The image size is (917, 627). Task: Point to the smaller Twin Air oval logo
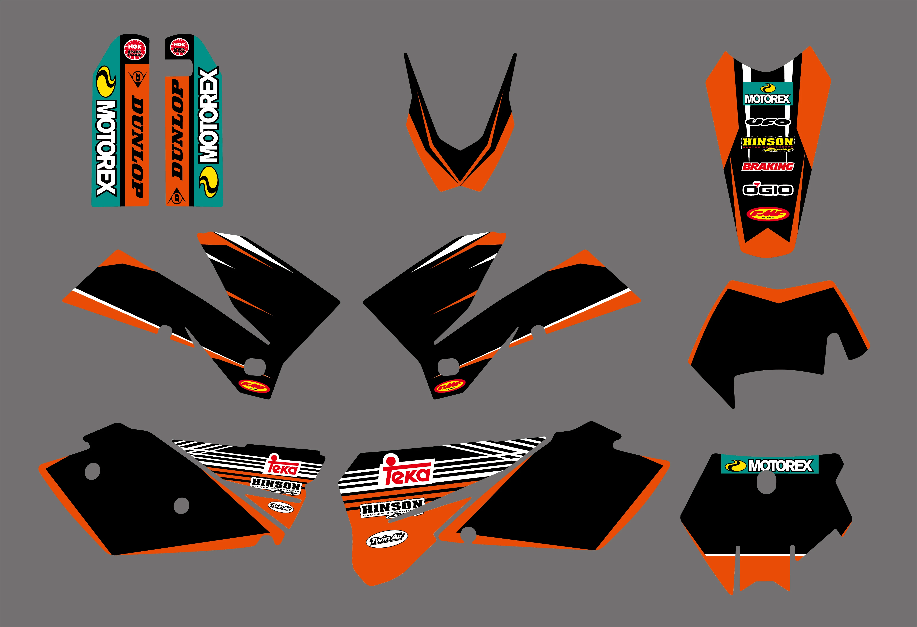[281, 507]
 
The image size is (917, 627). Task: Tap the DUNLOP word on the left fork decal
[137, 146]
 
